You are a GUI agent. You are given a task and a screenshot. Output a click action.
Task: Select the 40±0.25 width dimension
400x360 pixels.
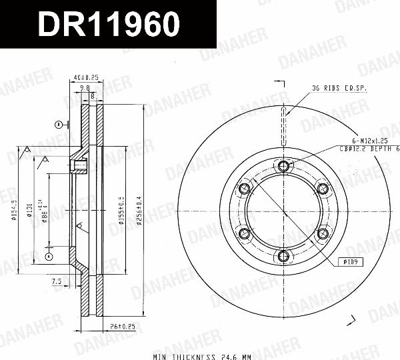87,78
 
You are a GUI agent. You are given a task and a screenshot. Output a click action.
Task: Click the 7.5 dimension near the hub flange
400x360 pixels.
56,283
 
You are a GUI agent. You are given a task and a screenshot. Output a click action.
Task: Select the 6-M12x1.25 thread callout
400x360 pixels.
370,141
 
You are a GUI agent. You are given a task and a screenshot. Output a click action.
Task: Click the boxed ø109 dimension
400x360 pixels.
351,262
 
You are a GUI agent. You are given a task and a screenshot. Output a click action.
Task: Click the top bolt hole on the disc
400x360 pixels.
283,165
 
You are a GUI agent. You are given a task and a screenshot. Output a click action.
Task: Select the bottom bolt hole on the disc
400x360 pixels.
283,255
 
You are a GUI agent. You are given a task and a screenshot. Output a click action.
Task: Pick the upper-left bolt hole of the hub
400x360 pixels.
245,188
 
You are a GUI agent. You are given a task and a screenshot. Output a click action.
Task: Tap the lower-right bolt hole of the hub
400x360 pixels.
323,233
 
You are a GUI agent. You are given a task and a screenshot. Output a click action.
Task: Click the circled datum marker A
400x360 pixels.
49,256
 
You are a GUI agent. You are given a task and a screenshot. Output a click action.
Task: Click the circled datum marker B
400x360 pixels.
59,124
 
